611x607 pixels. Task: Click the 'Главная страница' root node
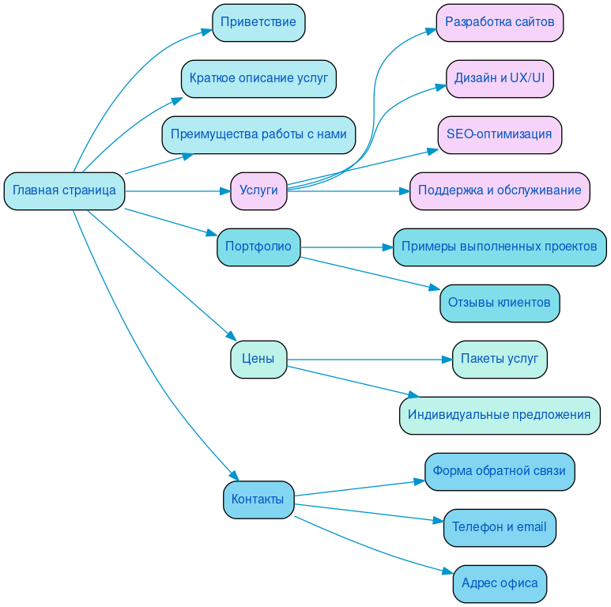(x=64, y=190)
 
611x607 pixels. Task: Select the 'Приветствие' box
(x=258, y=22)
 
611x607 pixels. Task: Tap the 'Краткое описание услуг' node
(x=258, y=78)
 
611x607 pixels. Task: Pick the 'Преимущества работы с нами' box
(x=258, y=134)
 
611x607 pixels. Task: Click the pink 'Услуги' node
(x=258, y=190)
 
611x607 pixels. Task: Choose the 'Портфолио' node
(x=258, y=247)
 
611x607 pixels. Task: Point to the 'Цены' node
(x=258, y=359)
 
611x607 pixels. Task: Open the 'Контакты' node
(x=258, y=499)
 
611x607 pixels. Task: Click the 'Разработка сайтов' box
(x=500, y=22)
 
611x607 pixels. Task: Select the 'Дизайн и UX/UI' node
(x=500, y=78)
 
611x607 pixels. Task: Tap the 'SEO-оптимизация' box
(x=500, y=134)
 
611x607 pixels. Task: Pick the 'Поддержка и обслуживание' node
(x=500, y=190)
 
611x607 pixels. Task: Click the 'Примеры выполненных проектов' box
(x=500, y=247)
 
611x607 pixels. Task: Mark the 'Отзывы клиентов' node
(x=500, y=303)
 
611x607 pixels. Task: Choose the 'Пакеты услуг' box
(x=500, y=359)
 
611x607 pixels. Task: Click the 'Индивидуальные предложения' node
(x=500, y=415)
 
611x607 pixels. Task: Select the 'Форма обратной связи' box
(x=500, y=471)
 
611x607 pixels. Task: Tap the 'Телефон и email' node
(x=500, y=527)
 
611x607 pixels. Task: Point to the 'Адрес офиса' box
(x=500, y=583)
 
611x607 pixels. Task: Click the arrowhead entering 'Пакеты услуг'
(x=446, y=360)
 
